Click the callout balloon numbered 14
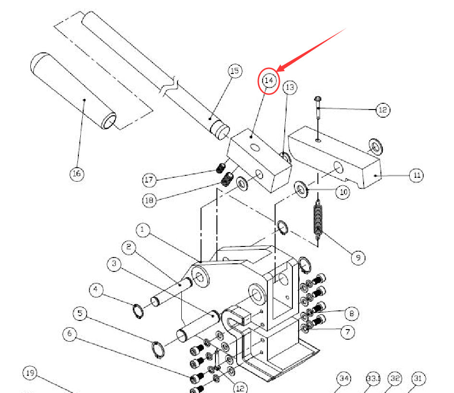tap(269, 80)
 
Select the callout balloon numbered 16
tap(76, 173)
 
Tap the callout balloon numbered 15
tap(234, 72)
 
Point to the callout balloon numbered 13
tap(290, 87)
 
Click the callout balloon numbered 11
tap(416, 175)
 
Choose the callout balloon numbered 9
tap(357, 258)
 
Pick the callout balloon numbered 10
tap(342, 192)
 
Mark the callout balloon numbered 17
tap(150, 180)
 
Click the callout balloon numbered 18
tap(150, 200)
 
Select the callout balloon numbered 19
tap(30, 373)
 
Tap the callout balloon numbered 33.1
tap(373, 379)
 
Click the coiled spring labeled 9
tap(317, 221)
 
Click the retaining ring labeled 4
tap(139, 311)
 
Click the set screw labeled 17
tap(221, 169)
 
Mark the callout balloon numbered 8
tap(351, 314)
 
